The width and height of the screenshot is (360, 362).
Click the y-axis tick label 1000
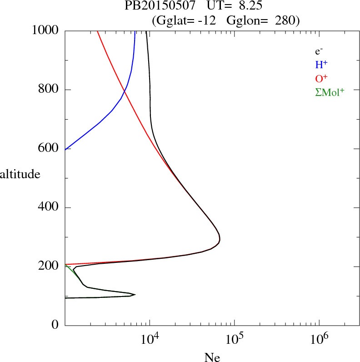[45, 30]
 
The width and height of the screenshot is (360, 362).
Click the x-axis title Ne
[212, 357]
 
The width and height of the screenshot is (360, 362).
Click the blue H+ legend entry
[321, 65]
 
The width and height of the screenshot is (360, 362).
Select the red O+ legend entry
[321, 78]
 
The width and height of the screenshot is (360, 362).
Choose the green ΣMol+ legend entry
[330, 92]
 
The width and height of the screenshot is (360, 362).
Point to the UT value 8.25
[249, 6]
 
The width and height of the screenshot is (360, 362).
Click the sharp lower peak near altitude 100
[135, 294]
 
